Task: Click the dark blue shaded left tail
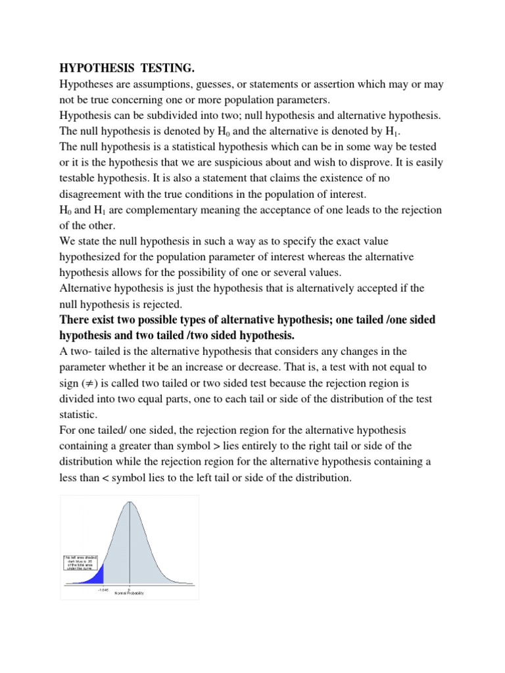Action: pos(97,575)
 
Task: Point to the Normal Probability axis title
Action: pos(129,593)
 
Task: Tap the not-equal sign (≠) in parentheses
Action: pos(90,383)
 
